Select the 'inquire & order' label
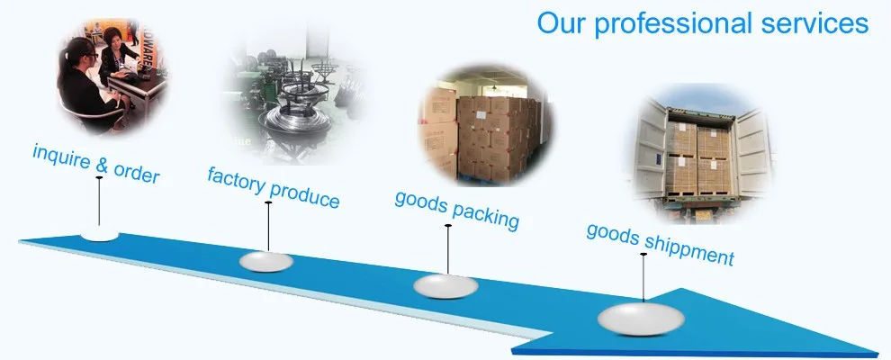pyautogui.click(x=96, y=163)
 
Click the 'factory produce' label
pyautogui.click(x=274, y=187)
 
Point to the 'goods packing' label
pyautogui.click(x=457, y=208)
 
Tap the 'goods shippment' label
pyautogui.click(x=660, y=243)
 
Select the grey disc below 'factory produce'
pyautogui.click(x=267, y=261)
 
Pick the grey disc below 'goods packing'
pyautogui.click(x=446, y=286)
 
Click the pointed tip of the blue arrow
pyautogui.click(x=876, y=352)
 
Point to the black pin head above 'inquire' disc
pyautogui.click(x=99, y=180)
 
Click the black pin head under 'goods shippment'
pyautogui.click(x=643, y=255)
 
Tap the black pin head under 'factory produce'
pyautogui.click(x=268, y=202)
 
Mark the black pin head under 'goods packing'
pyautogui.click(x=447, y=226)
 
